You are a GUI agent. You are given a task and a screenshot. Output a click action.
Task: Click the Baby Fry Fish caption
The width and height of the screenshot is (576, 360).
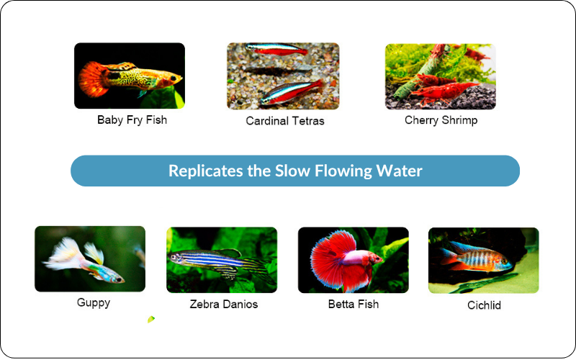coord(132,120)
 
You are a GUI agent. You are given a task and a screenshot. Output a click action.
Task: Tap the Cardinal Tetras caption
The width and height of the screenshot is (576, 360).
coord(285,121)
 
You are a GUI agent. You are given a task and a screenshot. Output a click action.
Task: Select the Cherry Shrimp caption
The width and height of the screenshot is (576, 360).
coord(441,120)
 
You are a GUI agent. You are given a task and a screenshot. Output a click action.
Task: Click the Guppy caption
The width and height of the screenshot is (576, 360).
coord(94,302)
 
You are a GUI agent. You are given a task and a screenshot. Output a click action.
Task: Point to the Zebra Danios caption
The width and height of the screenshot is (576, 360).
coord(224,304)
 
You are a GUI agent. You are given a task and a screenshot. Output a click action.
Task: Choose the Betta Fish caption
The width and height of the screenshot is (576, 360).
coord(354,304)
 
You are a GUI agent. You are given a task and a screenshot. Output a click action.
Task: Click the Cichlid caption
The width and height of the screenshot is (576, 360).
coord(484,305)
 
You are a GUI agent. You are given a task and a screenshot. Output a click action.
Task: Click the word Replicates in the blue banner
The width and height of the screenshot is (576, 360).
coord(206,171)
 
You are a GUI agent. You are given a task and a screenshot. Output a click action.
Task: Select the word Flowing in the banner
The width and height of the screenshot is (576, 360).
coord(343,171)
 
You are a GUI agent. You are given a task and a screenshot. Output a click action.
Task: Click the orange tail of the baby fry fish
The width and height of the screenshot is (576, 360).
coord(91,79)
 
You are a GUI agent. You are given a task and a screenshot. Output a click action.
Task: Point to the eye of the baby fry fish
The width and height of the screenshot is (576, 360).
coord(173,78)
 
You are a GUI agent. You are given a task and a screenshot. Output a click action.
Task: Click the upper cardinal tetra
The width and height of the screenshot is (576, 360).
coord(276,49)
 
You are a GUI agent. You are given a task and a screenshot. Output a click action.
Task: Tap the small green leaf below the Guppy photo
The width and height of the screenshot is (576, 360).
coord(151,319)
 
